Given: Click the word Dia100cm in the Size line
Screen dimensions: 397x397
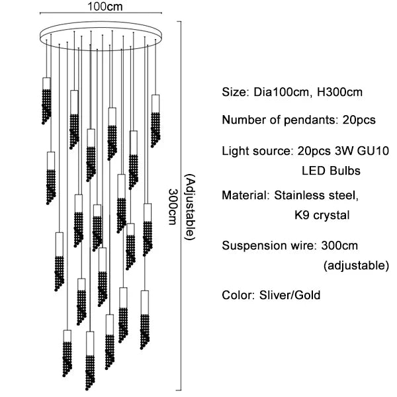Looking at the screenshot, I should coord(277,93).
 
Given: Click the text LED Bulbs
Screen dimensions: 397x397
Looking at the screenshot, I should coord(331,171).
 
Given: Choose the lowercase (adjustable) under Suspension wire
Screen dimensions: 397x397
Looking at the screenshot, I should coord(356,266).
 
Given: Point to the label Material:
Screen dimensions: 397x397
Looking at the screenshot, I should coord(245,196).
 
